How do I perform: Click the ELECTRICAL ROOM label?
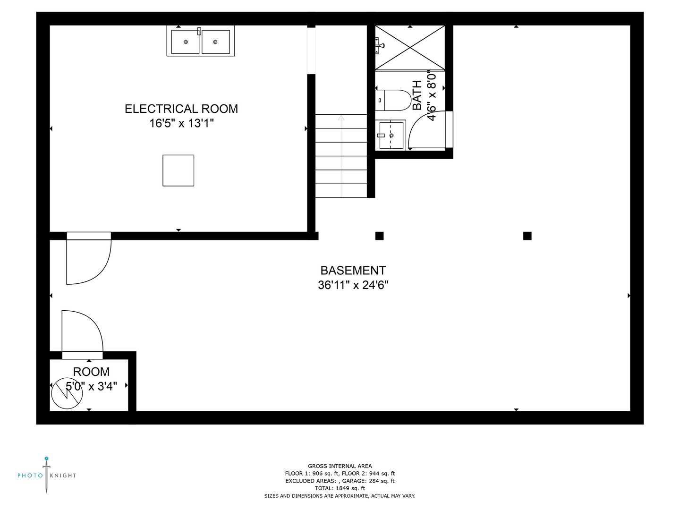tap(181, 109)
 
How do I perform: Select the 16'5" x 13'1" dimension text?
tap(182, 123)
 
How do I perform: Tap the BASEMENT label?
tap(353, 270)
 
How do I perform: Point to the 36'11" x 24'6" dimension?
tap(353, 285)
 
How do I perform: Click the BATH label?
tap(417, 95)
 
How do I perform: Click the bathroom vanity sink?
tap(391, 135)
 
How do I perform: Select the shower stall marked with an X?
tap(410, 47)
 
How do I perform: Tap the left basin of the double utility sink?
tap(185, 42)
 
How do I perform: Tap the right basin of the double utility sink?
tap(215, 42)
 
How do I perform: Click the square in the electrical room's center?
tap(178, 170)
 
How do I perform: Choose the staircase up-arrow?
tap(341, 118)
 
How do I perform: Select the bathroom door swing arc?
tap(426, 130)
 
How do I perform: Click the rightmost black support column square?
tap(527, 236)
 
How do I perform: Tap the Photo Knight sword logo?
tap(46, 475)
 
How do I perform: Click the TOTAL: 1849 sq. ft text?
tap(340, 488)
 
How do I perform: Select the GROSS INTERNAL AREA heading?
tap(340, 466)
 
